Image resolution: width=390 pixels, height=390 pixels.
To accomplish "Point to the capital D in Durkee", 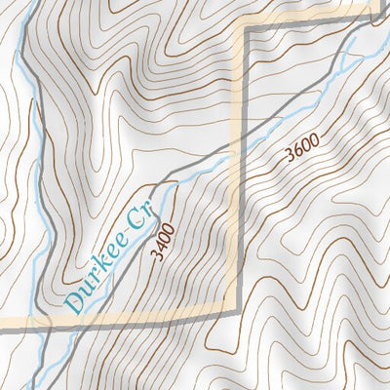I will coord(72,302).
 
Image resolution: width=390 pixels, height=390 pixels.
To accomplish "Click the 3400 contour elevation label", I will coord(163,241).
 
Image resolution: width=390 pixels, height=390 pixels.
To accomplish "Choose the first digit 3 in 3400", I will coord(157,255).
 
